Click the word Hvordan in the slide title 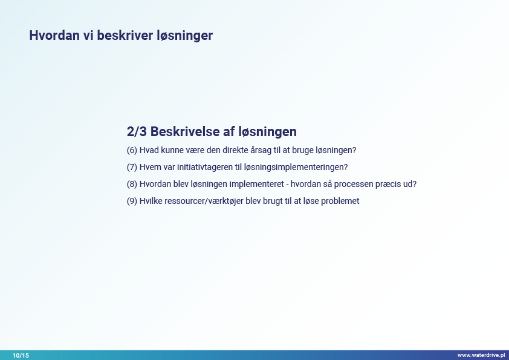coord(54,36)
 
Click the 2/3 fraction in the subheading coord(137,131)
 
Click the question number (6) coord(132,151)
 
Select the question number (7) coord(132,168)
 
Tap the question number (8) coord(132,184)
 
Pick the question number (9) coord(132,201)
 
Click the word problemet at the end coord(340,201)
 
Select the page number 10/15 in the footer coord(21,355)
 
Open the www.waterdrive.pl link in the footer coord(481,355)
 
